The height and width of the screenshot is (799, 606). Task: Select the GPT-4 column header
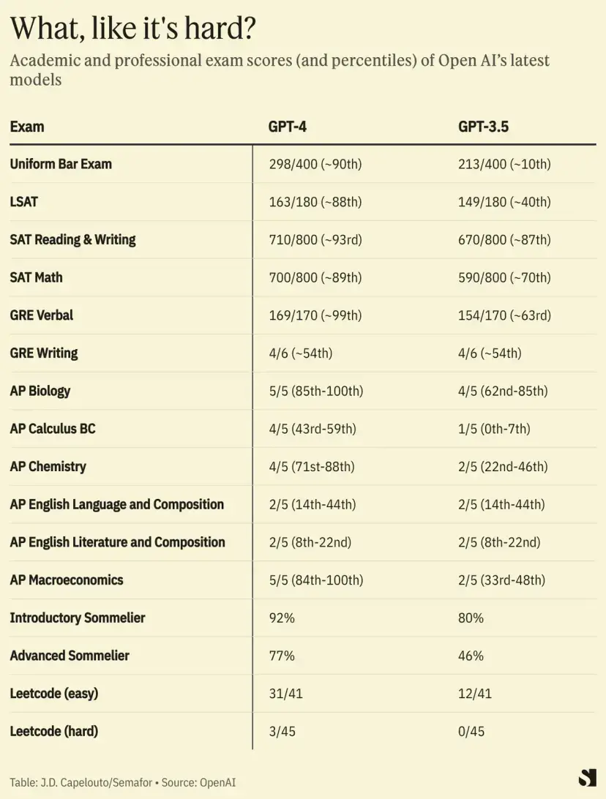(287, 127)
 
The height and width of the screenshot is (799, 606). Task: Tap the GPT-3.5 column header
(483, 127)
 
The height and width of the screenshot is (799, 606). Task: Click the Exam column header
(27, 127)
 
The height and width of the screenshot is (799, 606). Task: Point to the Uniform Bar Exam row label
(61, 164)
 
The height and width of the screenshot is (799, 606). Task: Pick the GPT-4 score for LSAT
(315, 202)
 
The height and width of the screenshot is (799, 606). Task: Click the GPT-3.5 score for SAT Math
(504, 277)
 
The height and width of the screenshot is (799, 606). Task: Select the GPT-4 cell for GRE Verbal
(315, 315)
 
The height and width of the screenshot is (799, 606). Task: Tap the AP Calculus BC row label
(53, 429)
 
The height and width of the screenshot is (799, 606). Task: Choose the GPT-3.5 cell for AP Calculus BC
(494, 429)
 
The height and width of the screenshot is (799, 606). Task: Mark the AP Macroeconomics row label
(67, 580)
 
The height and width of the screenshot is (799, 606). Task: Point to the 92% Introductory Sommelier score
(282, 618)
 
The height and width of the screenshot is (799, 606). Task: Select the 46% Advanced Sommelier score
(471, 656)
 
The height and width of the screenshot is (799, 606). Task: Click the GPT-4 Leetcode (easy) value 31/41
(285, 694)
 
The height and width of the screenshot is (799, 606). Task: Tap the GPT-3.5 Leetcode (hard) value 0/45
(471, 732)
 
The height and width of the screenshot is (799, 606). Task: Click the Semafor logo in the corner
(587, 778)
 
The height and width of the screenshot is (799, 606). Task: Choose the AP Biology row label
(40, 391)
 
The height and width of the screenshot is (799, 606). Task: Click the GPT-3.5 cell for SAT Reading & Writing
(504, 239)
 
